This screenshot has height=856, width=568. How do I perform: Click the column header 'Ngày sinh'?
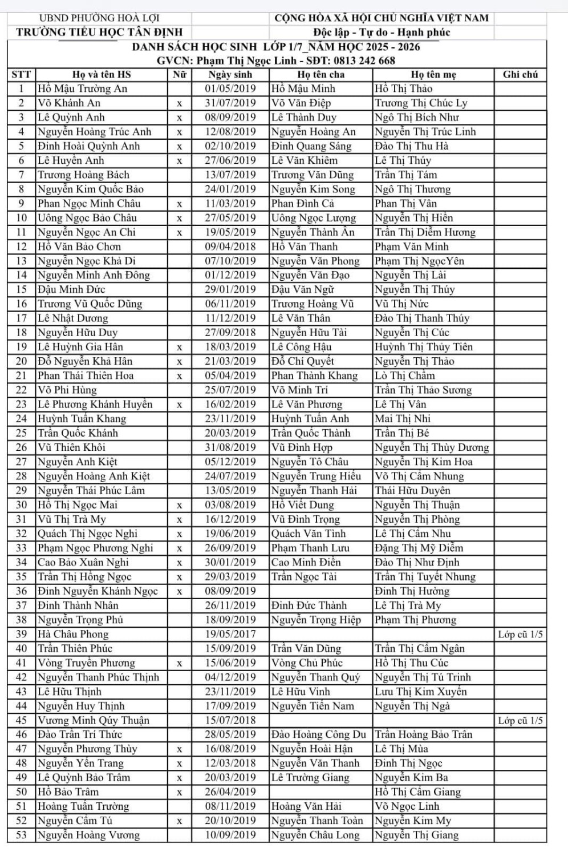coord(230,74)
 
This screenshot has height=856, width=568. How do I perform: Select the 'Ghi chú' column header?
coord(520,74)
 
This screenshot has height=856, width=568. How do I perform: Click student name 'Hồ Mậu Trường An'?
coord(82,88)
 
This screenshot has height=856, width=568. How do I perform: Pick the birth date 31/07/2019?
coord(230,103)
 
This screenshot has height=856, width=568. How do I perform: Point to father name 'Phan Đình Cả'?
coord(302,203)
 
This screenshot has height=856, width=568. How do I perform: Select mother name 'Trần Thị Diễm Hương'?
coord(425,232)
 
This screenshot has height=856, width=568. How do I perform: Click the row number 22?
coord(21,390)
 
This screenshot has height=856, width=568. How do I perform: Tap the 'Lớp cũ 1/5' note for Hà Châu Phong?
coord(520,634)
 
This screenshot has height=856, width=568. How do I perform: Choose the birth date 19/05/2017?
coord(230,634)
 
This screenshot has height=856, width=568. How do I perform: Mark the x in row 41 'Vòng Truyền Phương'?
coord(179,663)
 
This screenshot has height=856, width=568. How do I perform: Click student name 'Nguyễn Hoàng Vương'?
coord(88,835)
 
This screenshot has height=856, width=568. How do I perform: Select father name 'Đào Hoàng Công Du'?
coord(318,734)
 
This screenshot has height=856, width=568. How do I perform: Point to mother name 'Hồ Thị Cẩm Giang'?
coord(417,792)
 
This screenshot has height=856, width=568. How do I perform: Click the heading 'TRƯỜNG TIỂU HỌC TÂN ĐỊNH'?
coord(99,32)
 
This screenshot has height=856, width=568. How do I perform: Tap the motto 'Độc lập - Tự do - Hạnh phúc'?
coord(382,32)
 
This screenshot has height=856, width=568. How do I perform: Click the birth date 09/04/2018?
coord(230,247)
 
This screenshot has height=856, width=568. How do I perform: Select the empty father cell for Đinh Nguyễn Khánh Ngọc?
coord(320,591)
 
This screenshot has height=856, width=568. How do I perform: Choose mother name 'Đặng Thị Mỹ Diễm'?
coord(419,548)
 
